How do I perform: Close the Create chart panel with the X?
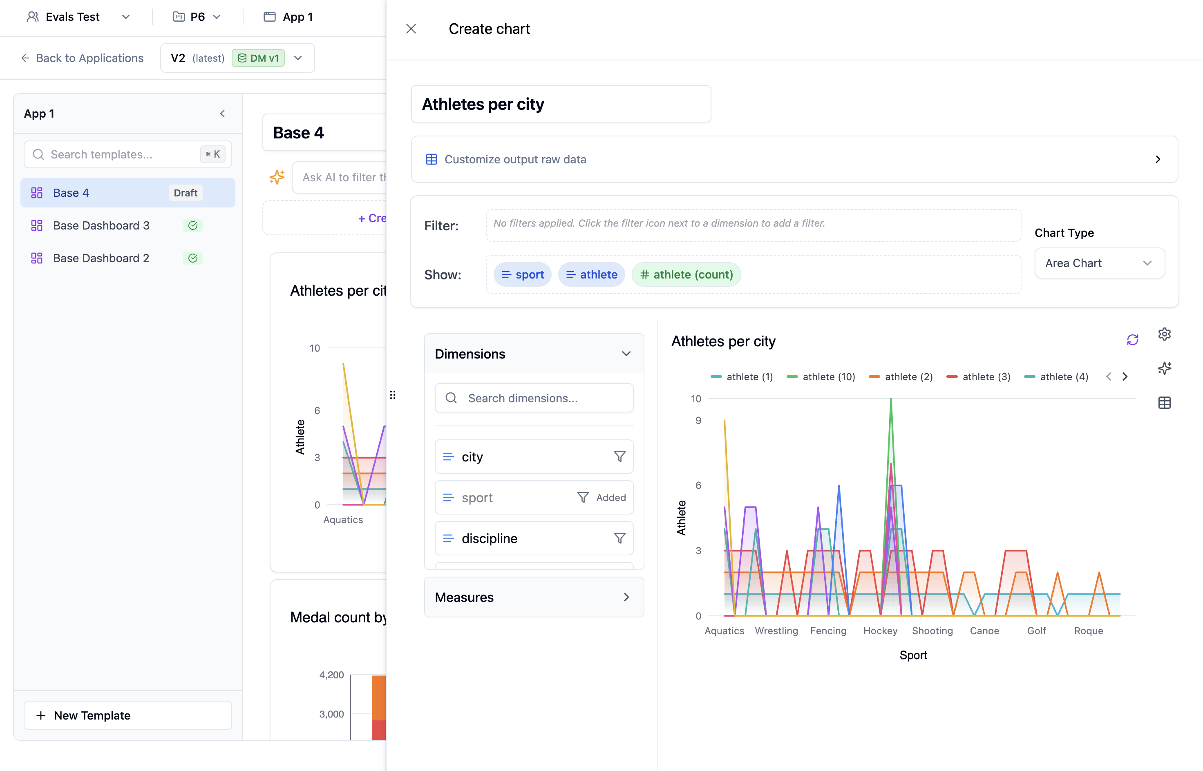pyautogui.click(x=411, y=29)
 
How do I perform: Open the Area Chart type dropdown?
pyautogui.click(x=1099, y=263)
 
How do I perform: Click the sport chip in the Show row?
pyautogui.click(x=522, y=275)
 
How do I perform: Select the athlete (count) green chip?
pyautogui.click(x=686, y=275)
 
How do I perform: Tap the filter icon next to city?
pyautogui.click(x=619, y=457)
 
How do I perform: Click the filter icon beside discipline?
pyautogui.click(x=619, y=539)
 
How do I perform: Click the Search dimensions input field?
pyautogui.click(x=534, y=398)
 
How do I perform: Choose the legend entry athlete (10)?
pyautogui.click(x=821, y=377)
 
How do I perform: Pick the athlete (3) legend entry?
pyautogui.click(x=979, y=377)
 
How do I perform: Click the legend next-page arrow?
pyautogui.click(x=1125, y=377)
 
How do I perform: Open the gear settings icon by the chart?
pyautogui.click(x=1165, y=334)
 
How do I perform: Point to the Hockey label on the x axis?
pyautogui.click(x=880, y=631)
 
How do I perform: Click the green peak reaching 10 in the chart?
pyautogui.click(x=891, y=401)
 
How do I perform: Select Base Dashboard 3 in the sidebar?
pyautogui.click(x=101, y=226)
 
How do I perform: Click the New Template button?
pyautogui.click(x=128, y=715)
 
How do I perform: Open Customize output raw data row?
pyautogui.click(x=794, y=159)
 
